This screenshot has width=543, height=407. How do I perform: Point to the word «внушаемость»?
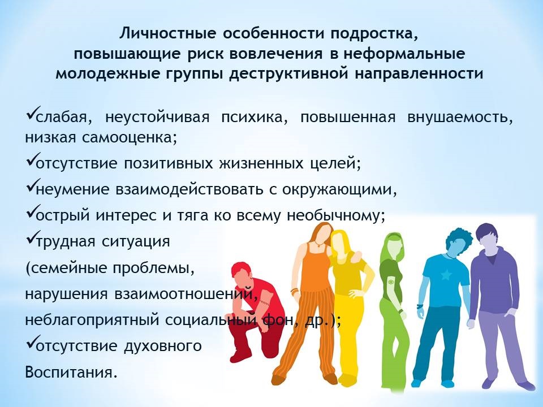(460, 118)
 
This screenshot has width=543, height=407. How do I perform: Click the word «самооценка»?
(130, 138)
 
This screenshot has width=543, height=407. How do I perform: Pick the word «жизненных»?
(261, 163)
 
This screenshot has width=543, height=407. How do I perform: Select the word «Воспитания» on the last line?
(69, 373)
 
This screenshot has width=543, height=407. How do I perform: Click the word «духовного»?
(162, 346)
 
